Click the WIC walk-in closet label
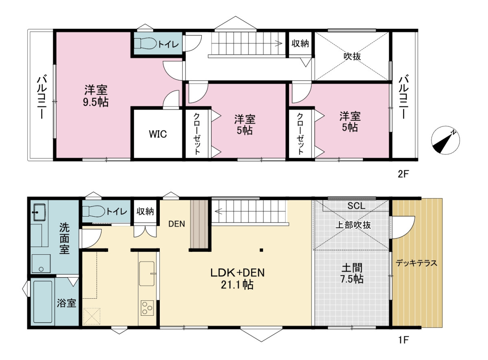coord(157,134)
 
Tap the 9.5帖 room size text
coord(96,102)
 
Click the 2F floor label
coord(403,174)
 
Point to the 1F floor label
coord(403,340)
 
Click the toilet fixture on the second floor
coord(145,43)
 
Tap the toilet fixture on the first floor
coord(94,211)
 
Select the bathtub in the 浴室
coord(43,302)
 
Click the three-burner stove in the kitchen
coord(147,308)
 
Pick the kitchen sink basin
coord(146,273)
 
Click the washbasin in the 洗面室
coord(39,212)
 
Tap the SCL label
coord(356,206)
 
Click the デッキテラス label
coord(416,263)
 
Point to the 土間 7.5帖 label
coord(352,273)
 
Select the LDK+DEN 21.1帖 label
coord(237,279)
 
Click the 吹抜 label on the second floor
coord(352,56)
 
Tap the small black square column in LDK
coord(261,250)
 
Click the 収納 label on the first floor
coord(145,211)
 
